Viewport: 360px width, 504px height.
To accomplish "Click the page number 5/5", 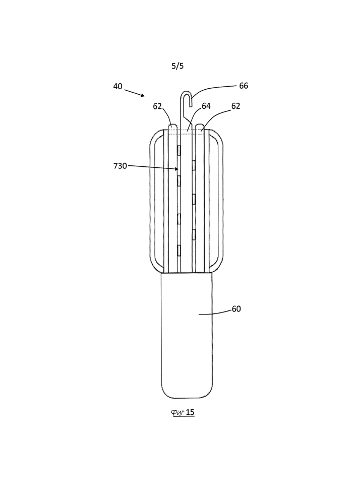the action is coord(177,66).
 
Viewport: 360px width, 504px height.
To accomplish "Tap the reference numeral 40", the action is coord(117,86).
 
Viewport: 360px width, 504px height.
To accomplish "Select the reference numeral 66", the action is coord(244,86).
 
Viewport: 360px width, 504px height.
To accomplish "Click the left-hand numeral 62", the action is coord(157,106).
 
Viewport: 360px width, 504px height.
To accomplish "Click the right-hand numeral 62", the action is coord(235,106).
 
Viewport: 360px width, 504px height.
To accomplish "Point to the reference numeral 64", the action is coord(206,106).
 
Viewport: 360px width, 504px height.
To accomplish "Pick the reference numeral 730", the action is coord(120,166).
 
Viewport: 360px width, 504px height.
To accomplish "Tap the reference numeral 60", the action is coord(236,309).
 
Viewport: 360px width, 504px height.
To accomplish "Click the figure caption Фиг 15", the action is coord(183,412).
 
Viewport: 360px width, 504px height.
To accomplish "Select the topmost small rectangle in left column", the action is coord(178,149).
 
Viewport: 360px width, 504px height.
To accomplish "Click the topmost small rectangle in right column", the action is coord(194,165).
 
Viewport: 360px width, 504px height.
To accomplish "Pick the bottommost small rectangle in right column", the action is coord(194,235).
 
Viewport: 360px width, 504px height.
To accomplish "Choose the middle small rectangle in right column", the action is coord(194,200).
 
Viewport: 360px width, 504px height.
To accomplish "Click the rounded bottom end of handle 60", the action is coord(187,397).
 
